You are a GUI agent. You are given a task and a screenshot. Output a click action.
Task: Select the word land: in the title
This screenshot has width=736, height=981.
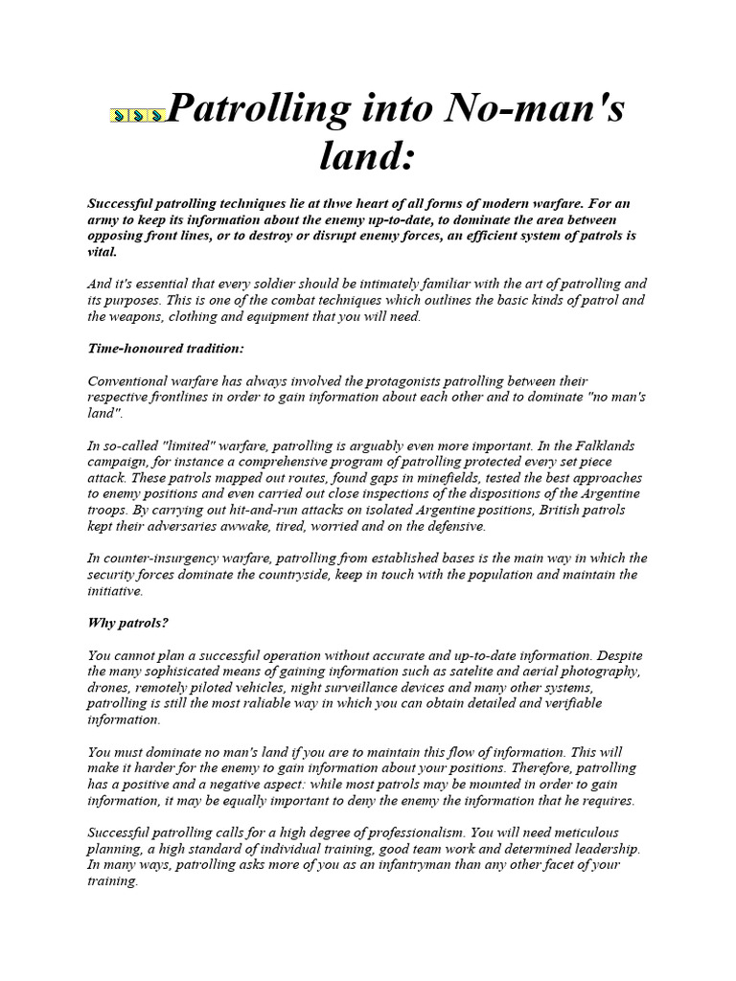pos(368,154)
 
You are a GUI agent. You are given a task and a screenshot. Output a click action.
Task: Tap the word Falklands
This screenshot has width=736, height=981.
pos(604,445)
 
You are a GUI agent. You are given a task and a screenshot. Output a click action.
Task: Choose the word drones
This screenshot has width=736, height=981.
pos(109,688)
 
